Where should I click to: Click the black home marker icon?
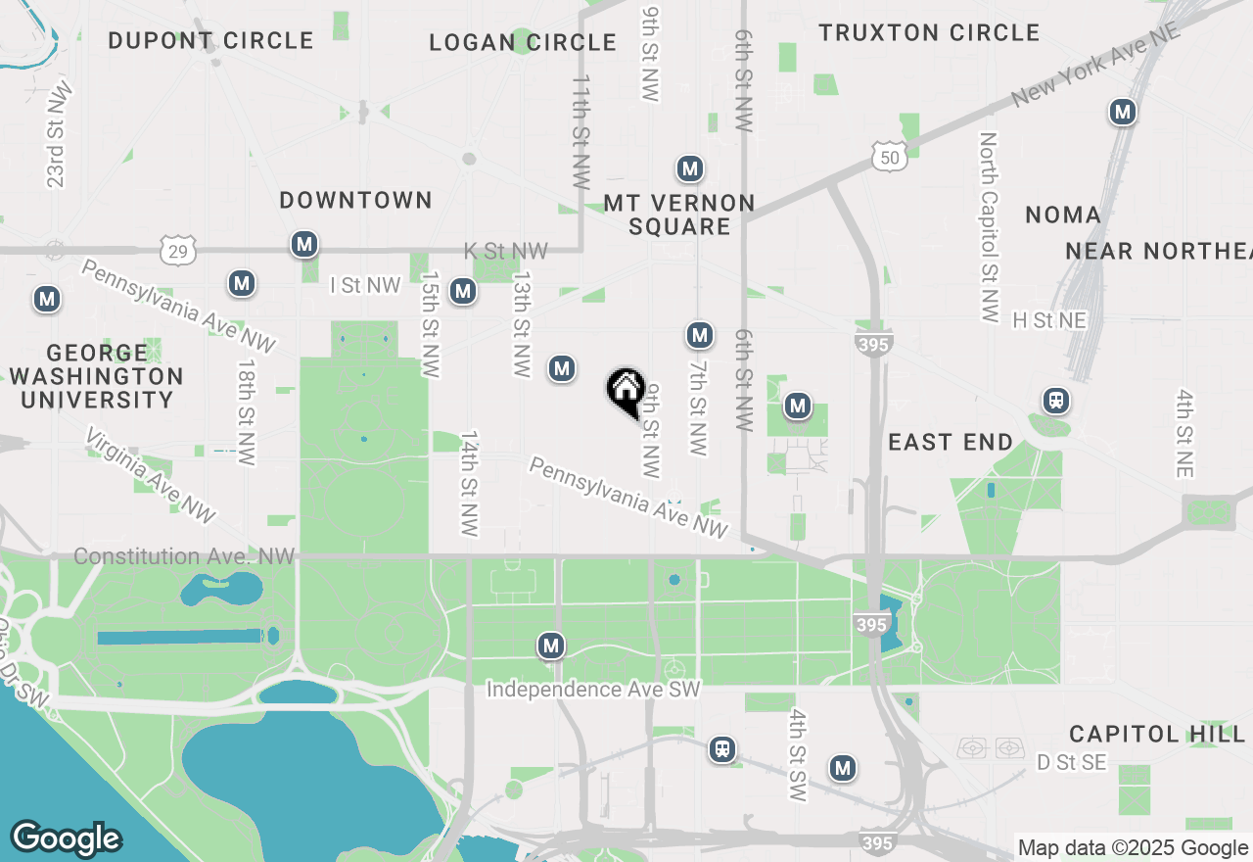click(x=626, y=391)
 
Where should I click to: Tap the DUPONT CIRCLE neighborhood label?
click(x=210, y=41)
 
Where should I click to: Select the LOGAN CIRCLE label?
click(x=523, y=43)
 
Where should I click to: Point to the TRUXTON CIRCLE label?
click(x=929, y=33)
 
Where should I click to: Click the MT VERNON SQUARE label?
click(x=679, y=215)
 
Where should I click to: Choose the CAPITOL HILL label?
click(x=1156, y=734)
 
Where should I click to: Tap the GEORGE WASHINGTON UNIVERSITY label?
click(x=97, y=376)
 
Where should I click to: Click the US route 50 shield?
click(x=888, y=156)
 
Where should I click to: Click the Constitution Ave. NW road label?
click(x=184, y=556)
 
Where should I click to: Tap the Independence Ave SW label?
click(x=593, y=690)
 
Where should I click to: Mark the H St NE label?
click(x=1049, y=320)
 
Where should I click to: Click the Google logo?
click(x=66, y=839)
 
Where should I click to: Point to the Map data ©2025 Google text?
click(x=1133, y=848)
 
